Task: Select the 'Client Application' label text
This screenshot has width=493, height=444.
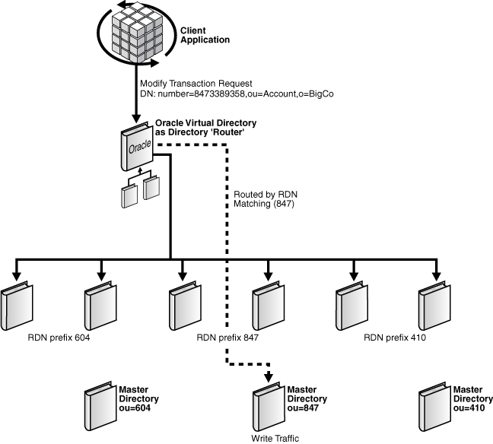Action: pyautogui.click(x=205, y=34)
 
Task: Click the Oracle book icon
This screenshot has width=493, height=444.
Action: pyautogui.click(x=135, y=149)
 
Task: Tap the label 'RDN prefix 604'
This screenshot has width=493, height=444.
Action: pyautogui.click(x=59, y=337)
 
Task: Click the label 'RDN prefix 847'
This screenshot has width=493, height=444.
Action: pyautogui.click(x=227, y=337)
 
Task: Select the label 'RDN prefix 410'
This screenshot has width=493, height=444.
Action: pyautogui.click(x=394, y=337)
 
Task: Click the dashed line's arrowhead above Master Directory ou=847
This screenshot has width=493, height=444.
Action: pyautogui.click(x=268, y=378)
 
